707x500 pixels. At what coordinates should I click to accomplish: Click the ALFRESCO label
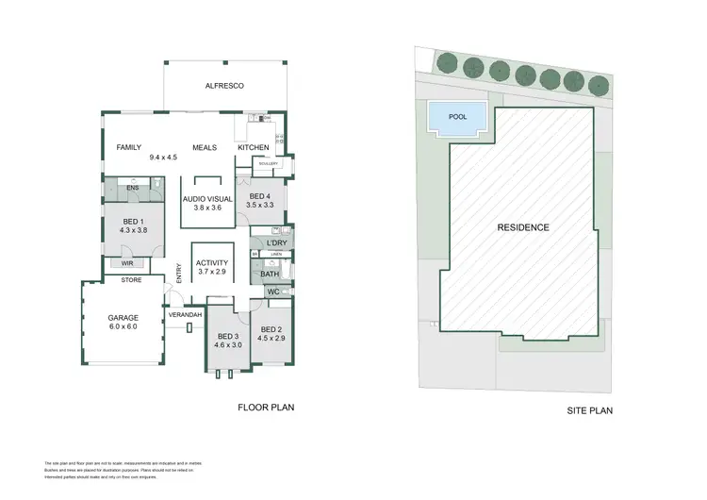[x=225, y=86]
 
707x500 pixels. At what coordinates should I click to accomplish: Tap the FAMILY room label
[x=128, y=148]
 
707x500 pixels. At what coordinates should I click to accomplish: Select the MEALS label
[x=206, y=148]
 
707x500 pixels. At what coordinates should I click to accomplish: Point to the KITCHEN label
[x=254, y=148]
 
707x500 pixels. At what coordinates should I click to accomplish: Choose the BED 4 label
[x=259, y=196]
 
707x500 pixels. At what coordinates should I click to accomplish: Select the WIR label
[x=126, y=264]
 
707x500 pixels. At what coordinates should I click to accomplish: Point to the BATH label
[x=270, y=275]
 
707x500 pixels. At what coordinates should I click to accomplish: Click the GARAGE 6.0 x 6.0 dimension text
[x=123, y=326]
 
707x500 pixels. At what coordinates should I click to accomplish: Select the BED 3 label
[x=229, y=337]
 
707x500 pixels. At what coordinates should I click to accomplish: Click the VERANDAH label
[x=187, y=313]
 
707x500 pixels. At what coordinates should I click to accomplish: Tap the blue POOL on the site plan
[x=457, y=118]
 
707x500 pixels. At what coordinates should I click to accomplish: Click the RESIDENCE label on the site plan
[x=523, y=227]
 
